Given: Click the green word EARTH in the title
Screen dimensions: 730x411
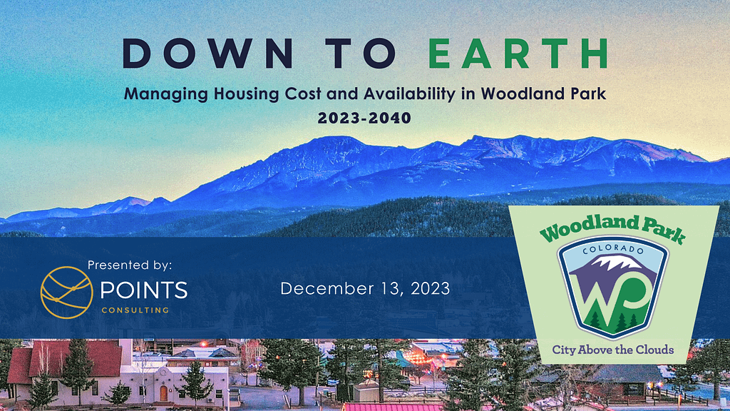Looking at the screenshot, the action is coord(518,54).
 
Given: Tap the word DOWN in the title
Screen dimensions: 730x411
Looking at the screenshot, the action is coord(208,54).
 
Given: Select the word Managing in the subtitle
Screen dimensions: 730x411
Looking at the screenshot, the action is coord(166,95).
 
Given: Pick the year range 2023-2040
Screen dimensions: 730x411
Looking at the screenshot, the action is coord(364,118).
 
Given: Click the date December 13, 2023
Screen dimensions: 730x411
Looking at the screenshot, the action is coord(365,288).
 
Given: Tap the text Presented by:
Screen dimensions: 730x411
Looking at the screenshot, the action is coord(130,265).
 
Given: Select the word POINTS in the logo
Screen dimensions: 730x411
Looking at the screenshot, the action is coord(144,290).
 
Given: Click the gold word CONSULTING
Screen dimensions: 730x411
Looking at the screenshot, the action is coord(135,310).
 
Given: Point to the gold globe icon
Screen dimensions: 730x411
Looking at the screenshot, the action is coord(66,292).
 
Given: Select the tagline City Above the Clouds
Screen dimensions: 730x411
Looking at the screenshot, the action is coord(612,350).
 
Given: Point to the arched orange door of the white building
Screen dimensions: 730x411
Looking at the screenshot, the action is coord(163,393).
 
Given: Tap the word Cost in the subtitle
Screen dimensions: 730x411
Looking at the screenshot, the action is coord(302,95).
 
